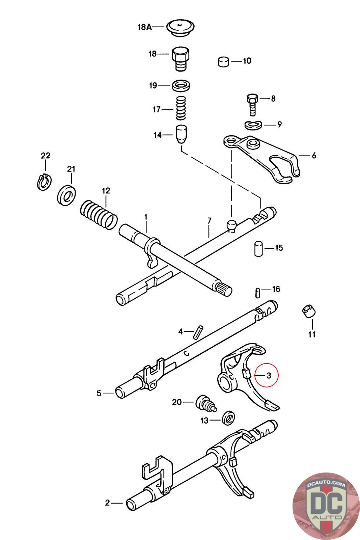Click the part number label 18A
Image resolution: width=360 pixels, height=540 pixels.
click(x=144, y=27)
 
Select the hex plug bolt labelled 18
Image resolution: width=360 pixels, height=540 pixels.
click(x=181, y=58)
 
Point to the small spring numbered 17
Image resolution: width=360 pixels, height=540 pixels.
click(x=181, y=108)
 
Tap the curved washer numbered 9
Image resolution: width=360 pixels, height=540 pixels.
click(x=253, y=125)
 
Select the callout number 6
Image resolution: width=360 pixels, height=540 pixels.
click(x=314, y=156)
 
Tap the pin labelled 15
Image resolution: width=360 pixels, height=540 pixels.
click(x=258, y=248)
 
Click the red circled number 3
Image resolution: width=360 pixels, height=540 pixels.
click(x=269, y=375)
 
